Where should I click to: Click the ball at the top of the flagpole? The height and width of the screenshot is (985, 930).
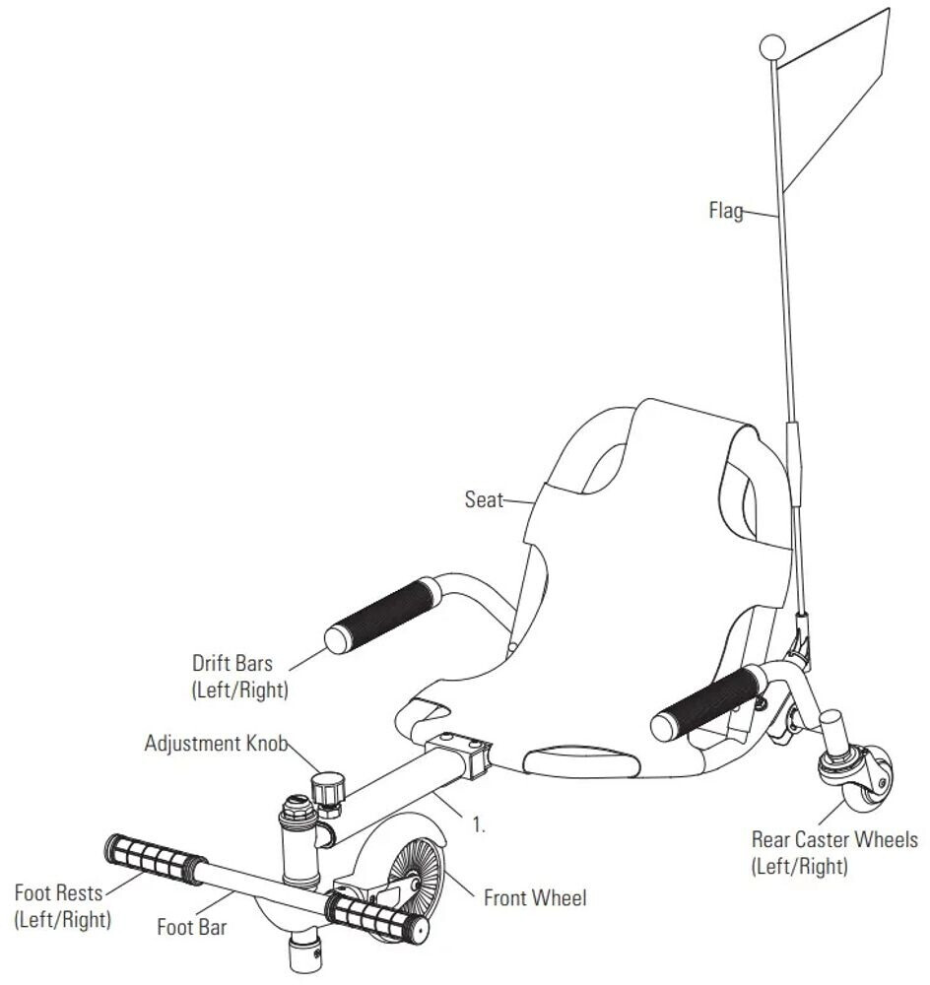click(x=773, y=46)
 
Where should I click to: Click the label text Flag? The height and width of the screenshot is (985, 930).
click(x=726, y=210)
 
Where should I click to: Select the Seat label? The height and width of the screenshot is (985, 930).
click(x=483, y=499)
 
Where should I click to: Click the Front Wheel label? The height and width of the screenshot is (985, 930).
click(x=534, y=897)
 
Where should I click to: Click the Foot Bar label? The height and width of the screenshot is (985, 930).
click(x=191, y=926)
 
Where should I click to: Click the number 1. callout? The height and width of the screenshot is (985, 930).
click(x=480, y=825)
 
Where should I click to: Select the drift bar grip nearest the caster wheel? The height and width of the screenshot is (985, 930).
click(x=703, y=701)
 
